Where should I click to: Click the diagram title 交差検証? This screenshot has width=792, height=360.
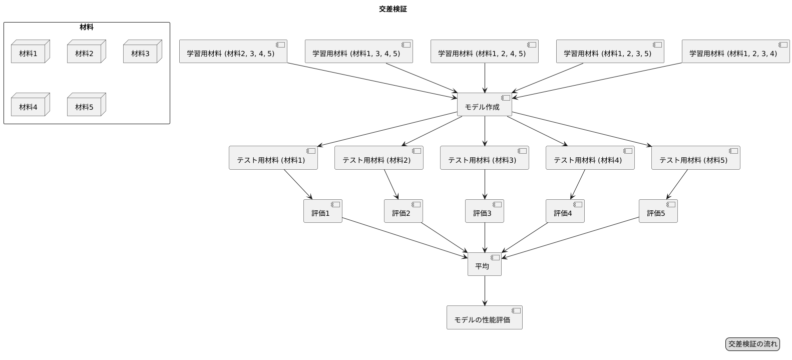pyautogui.click(x=393, y=9)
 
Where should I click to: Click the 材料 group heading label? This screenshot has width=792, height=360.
pyautogui.click(x=86, y=27)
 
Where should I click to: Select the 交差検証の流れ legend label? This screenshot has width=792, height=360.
pyautogui.click(x=752, y=344)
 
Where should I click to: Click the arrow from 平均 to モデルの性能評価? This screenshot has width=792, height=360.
pyautogui.click(x=485, y=290)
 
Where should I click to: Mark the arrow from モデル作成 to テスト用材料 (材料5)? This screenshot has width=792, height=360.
pyautogui.click(x=581, y=131)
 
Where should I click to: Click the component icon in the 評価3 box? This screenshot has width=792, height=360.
pyautogui.click(x=497, y=204)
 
